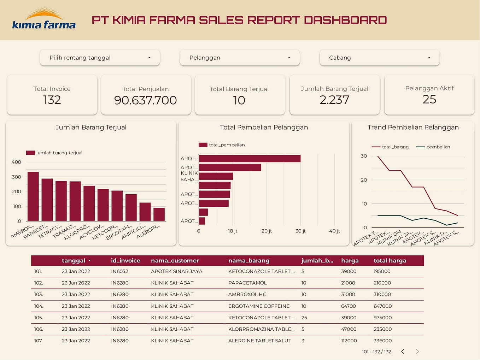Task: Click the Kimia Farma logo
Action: pyautogui.click(x=44, y=20)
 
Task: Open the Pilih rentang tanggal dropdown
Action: pyautogui.click(x=100, y=58)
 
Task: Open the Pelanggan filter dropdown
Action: pyautogui.click(x=240, y=58)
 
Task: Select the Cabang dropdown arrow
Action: pyautogui.click(x=429, y=58)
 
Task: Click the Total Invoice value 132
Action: pyautogui.click(x=52, y=100)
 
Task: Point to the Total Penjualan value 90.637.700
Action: pyautogui.click(x=145, y=100)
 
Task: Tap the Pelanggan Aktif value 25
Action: pyautogui.click(x=429, y=100)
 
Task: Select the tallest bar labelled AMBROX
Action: pyautogui.click(x=33, y=196)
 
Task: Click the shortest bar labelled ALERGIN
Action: pyautogui.click(x=159, y=214)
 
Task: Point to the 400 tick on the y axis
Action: pyautogui.click(x=16, y=162)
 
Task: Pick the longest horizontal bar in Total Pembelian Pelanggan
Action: pyautogui.click(x=250, y=159)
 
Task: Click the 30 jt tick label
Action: pyautogui.click(x=300, y=231)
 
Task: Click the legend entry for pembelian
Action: pyautogui.click(x=438, y=147)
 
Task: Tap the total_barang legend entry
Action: pyautogui.click(x=395, y=147)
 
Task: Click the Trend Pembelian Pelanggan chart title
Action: pyautogui.click(x=413, y=127)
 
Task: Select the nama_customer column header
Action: pyautogui.click(x=175, y=261)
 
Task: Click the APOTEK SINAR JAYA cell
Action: pyautogui.click(x=176, y=271)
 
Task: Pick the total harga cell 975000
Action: pyautogui.click(x=382, y=318)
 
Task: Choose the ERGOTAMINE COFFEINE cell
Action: pyautogui.click(x=259, y=306)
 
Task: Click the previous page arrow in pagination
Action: pyautogui.click(x=403, y=352)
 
